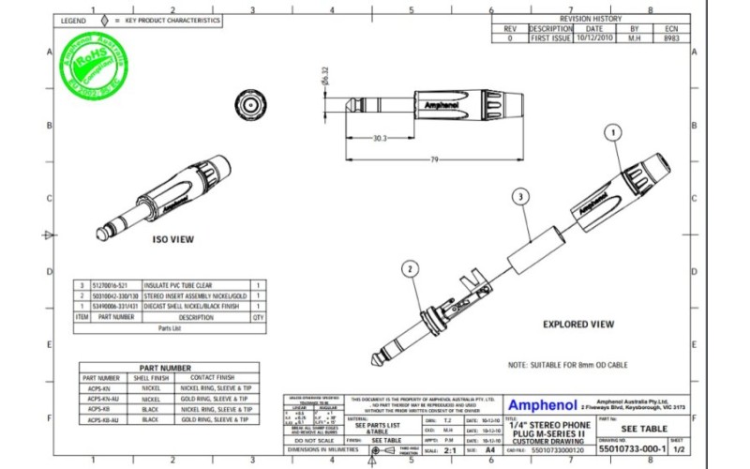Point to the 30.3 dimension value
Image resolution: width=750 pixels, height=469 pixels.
(379, 138)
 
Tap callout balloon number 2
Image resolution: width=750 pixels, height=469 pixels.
(409, 269)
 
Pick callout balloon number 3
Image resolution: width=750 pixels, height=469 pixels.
(518, 196)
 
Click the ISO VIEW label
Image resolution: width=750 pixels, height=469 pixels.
(173, 239)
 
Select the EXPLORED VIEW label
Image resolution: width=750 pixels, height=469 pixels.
(578, 324)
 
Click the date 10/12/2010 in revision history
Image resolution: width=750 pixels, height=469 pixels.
(595, 39)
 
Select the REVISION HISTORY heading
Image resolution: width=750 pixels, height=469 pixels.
(590, 18)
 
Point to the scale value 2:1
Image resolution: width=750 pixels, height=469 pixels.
(449, 450)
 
